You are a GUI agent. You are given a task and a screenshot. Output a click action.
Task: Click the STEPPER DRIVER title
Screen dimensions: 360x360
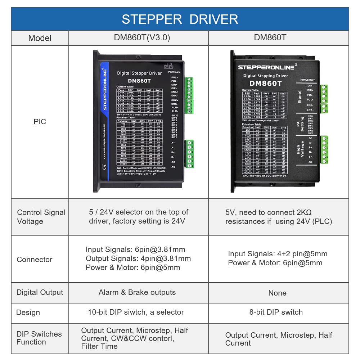[180, 19]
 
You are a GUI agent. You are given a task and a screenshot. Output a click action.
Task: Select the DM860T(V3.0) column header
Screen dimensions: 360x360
[139, 37]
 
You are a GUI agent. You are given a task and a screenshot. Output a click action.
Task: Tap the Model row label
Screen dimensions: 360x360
[40, 38]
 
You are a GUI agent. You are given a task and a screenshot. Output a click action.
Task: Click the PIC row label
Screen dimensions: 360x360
[40, 122]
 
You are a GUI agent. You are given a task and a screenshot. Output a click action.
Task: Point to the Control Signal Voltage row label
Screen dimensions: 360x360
[41, 217]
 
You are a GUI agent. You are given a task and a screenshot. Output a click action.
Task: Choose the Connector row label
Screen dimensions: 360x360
[35, 259]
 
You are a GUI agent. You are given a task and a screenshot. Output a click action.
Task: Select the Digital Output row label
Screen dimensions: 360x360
[40, 292]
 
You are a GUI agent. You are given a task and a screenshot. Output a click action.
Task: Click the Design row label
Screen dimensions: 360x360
[28, 312]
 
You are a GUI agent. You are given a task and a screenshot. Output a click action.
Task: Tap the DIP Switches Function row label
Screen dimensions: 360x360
[39, 338]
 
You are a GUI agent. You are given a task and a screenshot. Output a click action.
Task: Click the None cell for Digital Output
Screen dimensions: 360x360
[277, 293]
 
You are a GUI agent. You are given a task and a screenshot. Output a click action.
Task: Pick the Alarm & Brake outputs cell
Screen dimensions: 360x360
[137, 292]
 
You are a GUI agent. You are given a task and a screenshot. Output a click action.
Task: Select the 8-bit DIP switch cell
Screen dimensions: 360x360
[276, 312]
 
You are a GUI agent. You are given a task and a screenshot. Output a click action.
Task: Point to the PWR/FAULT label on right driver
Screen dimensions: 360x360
[308, 80]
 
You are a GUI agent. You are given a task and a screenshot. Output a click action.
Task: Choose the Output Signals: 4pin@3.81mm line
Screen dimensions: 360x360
[138, 258]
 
